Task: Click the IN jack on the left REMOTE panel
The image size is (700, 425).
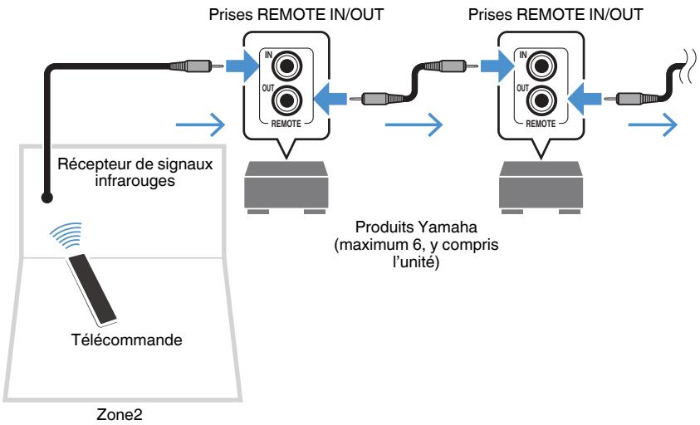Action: click(287, 66)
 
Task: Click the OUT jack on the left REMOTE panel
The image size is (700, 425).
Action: click(287, 101)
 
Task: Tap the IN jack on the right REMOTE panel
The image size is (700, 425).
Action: click(541, 66)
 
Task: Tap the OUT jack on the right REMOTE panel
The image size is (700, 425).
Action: click(541, 101)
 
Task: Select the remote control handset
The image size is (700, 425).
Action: click(91, 289)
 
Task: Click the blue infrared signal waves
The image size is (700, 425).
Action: click(67, 235)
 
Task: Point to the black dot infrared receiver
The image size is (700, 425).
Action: click(46, 198)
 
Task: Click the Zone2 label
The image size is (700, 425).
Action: click(120, 414)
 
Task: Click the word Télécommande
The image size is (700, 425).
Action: click(127, 340)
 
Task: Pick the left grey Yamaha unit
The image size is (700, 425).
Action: click(286, 188)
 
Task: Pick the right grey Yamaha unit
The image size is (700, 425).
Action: click(541, 188)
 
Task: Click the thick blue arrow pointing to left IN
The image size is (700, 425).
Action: click(242, 66)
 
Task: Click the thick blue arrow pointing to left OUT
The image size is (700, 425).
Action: click(330, 99)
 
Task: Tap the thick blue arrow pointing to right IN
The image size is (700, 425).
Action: click(497, 66)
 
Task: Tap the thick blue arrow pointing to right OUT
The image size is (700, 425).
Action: click(585, 99)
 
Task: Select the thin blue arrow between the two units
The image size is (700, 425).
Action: click(414, 125)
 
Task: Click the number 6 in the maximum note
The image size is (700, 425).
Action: click(413, 245)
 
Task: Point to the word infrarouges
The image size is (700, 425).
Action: click(135, 181)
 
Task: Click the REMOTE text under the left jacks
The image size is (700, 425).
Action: click(286, 124)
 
